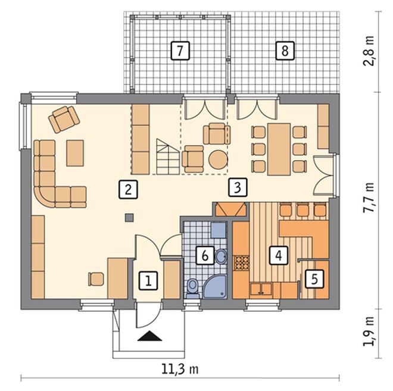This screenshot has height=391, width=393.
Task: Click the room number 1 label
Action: pos(148,280)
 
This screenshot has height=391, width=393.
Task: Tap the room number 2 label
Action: pos(128,189)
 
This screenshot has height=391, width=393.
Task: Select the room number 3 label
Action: pos(238,187)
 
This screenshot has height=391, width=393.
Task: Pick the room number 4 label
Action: pos(279,255)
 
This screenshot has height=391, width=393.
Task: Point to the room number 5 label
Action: pos(314,279)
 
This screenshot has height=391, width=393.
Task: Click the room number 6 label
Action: pos(205,255)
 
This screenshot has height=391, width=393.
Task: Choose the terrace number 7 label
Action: pos(180,51)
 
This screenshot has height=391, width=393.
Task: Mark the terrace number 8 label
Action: pos(285,51)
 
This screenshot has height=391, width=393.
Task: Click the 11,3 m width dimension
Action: pos(180,370)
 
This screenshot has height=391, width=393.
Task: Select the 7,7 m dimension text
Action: pos(369,198)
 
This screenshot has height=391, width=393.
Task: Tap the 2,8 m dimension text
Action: pos(369,51)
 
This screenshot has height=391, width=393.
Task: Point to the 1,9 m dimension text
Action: pos(369,331)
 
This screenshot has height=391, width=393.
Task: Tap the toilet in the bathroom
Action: pos(192,288)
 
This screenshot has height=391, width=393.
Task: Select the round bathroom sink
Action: pos(221,257)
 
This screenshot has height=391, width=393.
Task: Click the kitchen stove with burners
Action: pos(241,263)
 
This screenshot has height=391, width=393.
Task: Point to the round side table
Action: pos(219,159)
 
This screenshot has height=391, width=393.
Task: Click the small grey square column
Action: pos(129,217)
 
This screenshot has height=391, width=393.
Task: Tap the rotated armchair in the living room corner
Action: pos(64,118)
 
